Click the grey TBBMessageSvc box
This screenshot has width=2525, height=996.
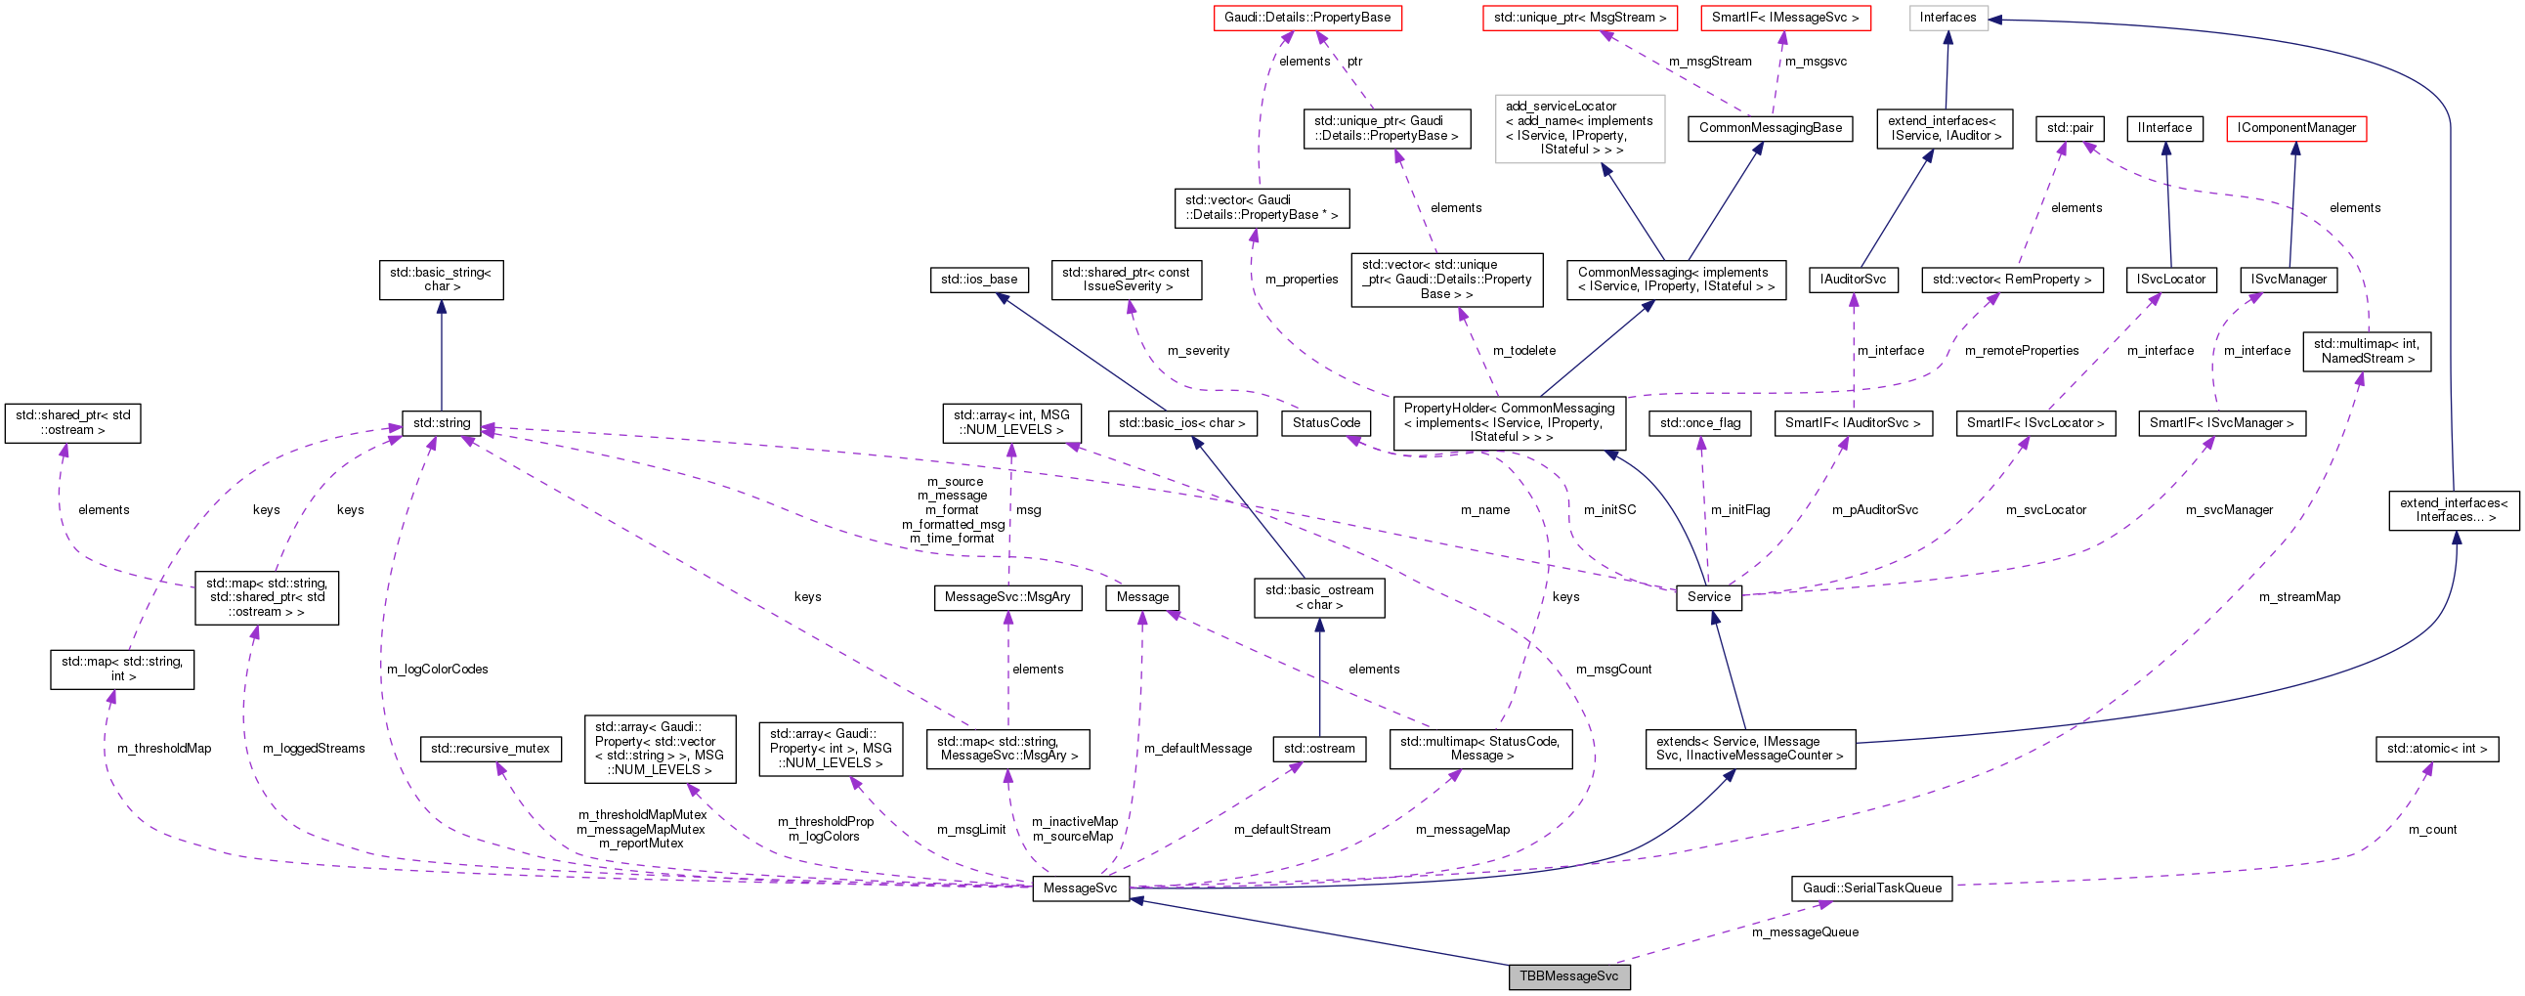tap(1568, 976)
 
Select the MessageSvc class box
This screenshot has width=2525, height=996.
tap(1079, 888)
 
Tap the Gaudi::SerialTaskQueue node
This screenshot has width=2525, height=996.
tap(1871, 888)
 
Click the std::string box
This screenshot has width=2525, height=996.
tap(441, 423)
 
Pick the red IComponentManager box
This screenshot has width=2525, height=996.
tap(2295, 128)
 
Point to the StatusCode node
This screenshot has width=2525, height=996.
tap(1325, 423)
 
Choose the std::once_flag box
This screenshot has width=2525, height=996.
tap(1699, 423)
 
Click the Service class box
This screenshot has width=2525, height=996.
tap(1708, 597)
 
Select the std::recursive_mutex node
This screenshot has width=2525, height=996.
tap(492, 749)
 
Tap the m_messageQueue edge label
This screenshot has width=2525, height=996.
tap(1805, 932)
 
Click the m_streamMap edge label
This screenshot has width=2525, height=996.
tap(2298, 597)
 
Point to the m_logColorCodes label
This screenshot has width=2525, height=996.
tap(437, 670)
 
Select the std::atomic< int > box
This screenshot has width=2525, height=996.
tap(2436, 749)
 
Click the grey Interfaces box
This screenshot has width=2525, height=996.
tap(1947, 18)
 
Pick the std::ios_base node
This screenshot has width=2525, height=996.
tap(978, 280)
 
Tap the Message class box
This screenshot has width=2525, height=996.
tap(1142, 597)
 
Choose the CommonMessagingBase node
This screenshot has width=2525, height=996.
tap(1770, 128)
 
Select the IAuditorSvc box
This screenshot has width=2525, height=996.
tap(1853, 280)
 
